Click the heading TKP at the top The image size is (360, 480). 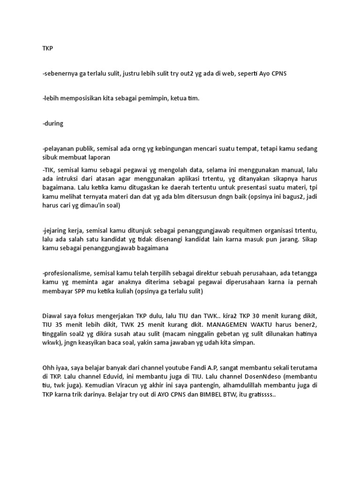(x=47, y=48)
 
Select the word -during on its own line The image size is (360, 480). (x=52, y=124)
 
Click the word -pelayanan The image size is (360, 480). (x=59, y=149)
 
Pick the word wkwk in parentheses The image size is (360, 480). (x=50, y=343)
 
